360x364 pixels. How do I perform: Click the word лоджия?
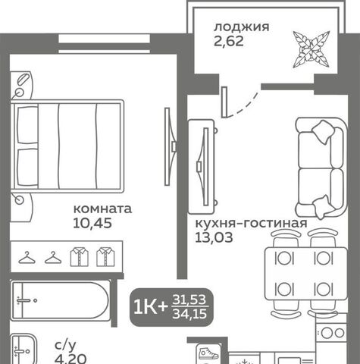pyautogui.click(x=242, y=27)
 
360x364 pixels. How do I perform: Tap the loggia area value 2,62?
pyautogui.click(x=229, y=41)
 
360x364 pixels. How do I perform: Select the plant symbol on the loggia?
pyautogui.click(x=311, y=49)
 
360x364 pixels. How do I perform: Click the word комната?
pyautogui.click(x=102, y=209)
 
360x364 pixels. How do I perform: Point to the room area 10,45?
pyautogui.click(x=92, y=223)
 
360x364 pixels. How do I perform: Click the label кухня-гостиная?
pyautogui.click(x=252, y=224)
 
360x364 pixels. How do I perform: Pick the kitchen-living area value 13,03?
pyautogui.click(x=214, y=237)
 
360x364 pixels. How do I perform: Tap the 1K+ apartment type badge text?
pyautogui.click(x=150, y=307)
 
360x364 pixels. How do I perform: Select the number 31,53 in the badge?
pyautogui.click(x=189, y=300)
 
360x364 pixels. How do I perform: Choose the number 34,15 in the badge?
pyautogui.click(x=189, y=314)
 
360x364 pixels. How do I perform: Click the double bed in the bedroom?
pyautogui.click(x=67, y=146)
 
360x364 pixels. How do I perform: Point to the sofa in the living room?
pyautogui.click(x=321, y=168)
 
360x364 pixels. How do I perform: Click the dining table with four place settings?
pyautogui.click(x=306, y=274)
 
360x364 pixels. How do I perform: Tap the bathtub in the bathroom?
pyautogui.click(x=61, y=300)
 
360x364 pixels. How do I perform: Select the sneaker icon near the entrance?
pyautogui.click(x=208, y=353)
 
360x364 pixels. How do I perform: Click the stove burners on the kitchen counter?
pyautogui.click(x=332, y=333)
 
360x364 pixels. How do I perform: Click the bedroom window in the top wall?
pyautogui.click(x=105, y=44)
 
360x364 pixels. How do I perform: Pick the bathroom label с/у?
pyautogui.click(x=65, y=346)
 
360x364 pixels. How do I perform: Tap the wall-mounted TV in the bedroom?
pyautogui.click(x=170, y=146)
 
